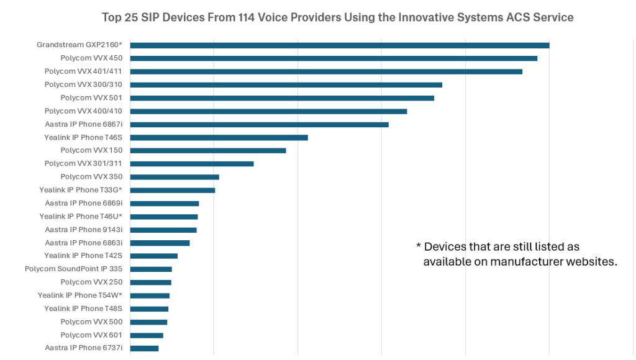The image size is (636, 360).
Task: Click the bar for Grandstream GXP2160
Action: [340, 45]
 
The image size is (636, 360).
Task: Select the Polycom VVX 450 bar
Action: [334, 58]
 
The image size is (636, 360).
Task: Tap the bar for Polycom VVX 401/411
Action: [326, 71]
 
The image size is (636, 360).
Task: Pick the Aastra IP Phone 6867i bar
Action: [259, 124]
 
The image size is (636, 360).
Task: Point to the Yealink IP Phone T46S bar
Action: [219, 137]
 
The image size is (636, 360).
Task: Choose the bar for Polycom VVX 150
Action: [208, 150]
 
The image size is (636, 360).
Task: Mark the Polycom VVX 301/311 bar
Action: [192, 164]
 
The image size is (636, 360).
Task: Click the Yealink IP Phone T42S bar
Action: [154, 256]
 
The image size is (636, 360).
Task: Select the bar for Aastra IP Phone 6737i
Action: [144, 348]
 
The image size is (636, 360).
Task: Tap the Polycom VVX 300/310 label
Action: [83, 84]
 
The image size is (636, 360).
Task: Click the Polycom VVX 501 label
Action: [91, 97]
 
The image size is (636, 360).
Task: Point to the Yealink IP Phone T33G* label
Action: [81, 190]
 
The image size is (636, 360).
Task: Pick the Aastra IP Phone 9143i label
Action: [84, 230]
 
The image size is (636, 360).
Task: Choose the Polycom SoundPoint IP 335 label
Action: [73, 269]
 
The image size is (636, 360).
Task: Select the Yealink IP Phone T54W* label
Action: [80, 295]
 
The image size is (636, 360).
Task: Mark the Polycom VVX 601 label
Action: [91, 335]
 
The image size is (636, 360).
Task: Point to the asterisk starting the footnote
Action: [419, 246]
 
